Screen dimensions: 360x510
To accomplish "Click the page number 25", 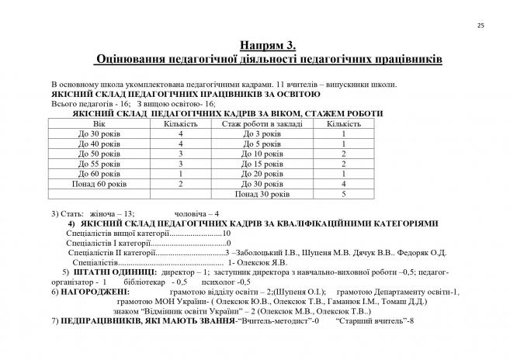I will coord(481,26).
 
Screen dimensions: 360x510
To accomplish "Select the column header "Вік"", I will coord(98,123).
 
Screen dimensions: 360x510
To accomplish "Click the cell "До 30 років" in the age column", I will coord(98,133).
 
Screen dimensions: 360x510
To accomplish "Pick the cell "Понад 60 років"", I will coord(98,184).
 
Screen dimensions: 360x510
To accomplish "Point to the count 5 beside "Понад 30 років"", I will coord(342,194).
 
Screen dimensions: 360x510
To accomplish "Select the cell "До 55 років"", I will coord(98,164).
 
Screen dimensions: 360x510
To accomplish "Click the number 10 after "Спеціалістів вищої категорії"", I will coord(227,233).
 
